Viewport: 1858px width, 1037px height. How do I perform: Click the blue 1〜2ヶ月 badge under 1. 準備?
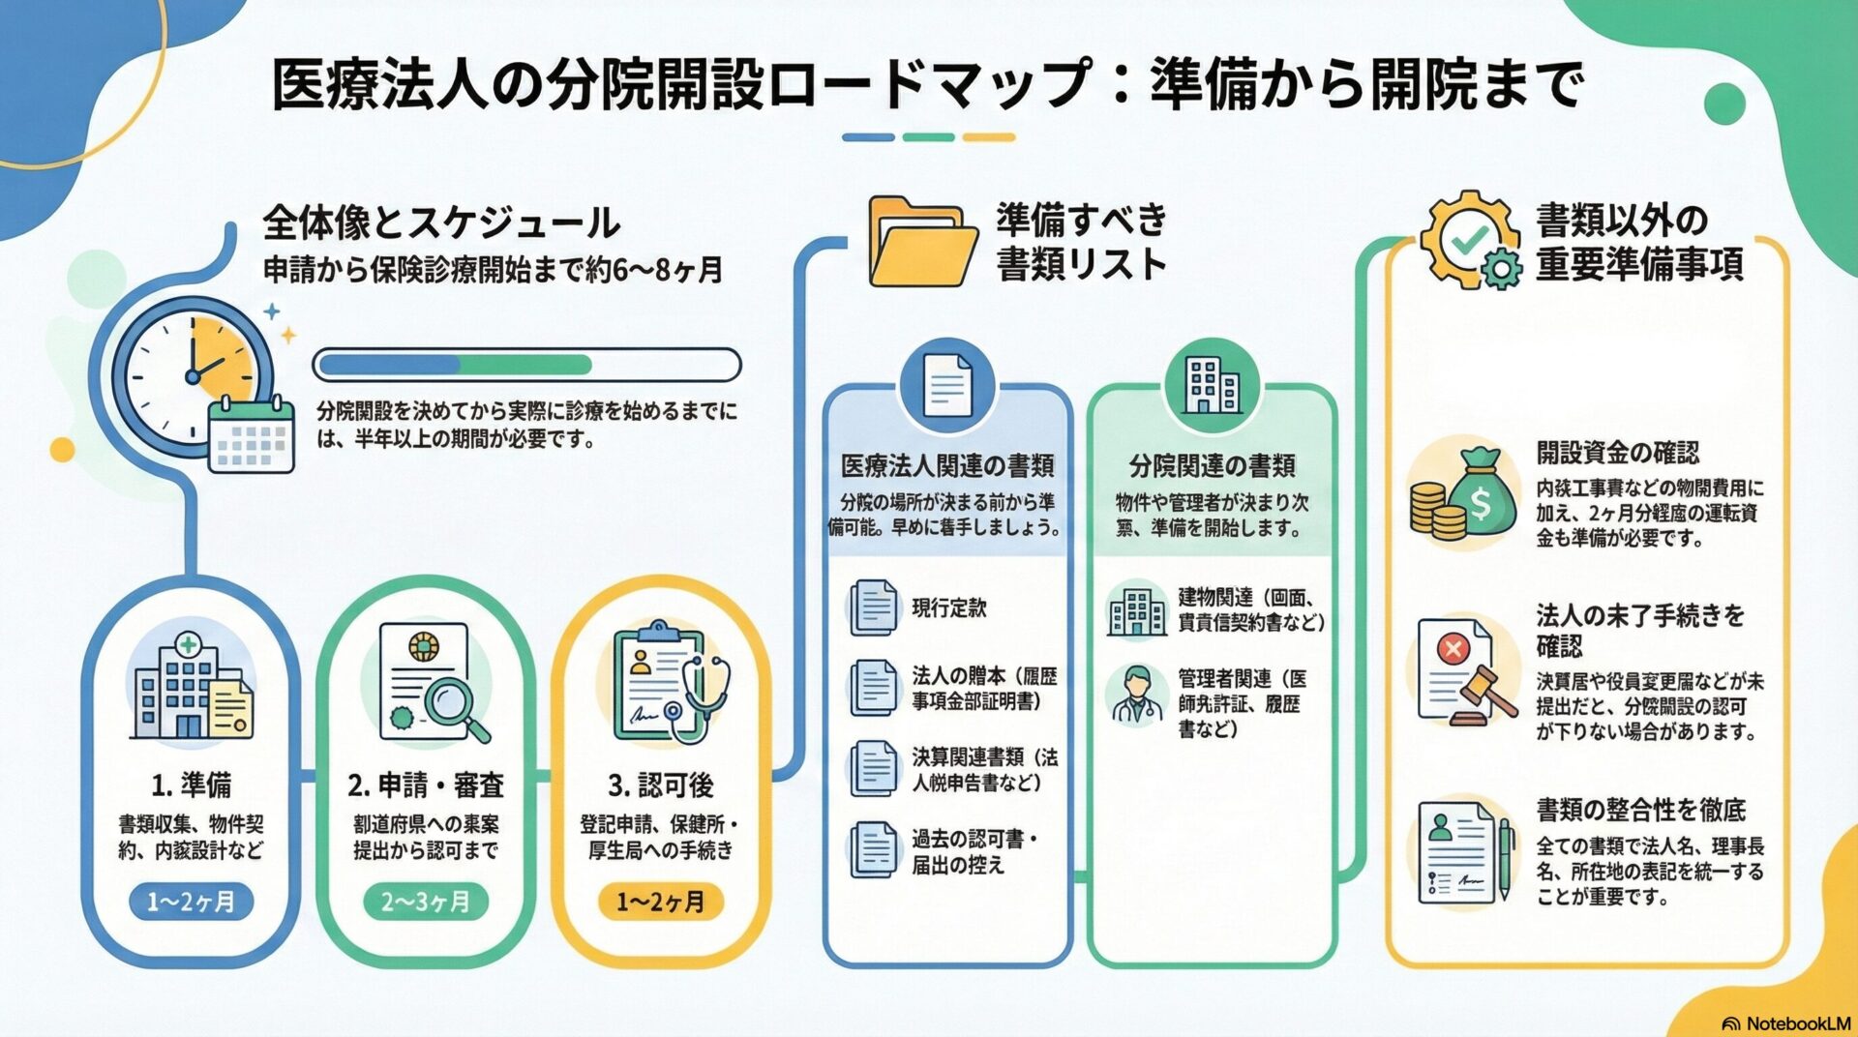tap(191, 902)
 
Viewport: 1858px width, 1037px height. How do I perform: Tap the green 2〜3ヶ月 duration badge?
tap(426, 902)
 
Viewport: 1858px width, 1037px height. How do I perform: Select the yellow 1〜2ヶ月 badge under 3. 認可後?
tap(661, 902)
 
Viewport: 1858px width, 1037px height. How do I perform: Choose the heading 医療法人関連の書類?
tap(946, 466)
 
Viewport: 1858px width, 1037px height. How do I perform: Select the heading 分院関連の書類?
tap(1212, 466)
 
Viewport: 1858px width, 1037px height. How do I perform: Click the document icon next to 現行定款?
tap(874, 607)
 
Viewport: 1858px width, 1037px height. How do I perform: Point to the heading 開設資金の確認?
tap(1617, 452)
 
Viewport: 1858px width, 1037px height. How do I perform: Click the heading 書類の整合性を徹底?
tap(1640, 810)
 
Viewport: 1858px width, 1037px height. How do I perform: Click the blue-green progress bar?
tap(527, 365)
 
